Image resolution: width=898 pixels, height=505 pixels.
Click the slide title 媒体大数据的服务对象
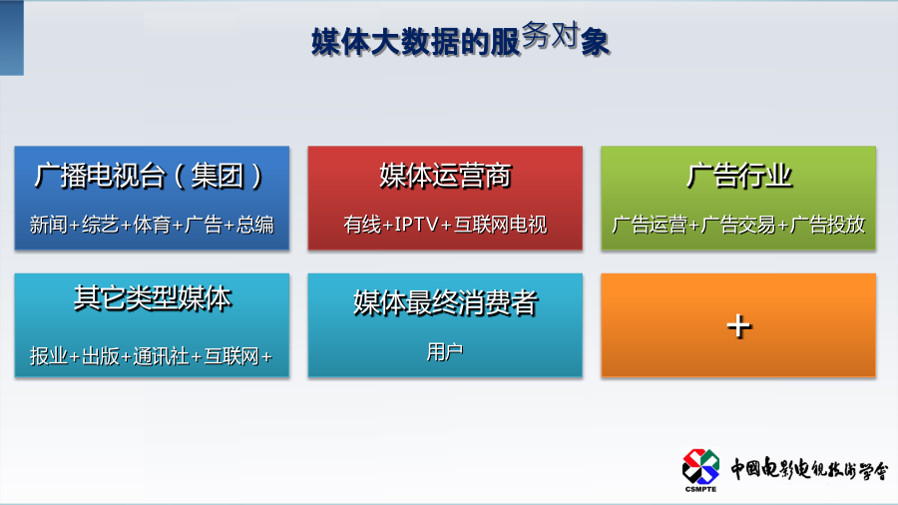click(460, 39)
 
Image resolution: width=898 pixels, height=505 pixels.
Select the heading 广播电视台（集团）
click(149, 176)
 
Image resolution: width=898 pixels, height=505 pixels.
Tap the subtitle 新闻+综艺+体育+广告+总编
click(152, 225)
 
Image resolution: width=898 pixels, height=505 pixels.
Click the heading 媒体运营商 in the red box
click(445, 176)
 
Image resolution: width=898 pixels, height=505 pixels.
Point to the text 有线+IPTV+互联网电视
click(445, 225)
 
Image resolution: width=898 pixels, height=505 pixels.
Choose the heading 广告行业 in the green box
click(738, 176)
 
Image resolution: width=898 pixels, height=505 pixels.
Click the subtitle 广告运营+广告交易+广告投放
click(738, 225)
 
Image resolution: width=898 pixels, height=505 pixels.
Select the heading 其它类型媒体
click(153, 298)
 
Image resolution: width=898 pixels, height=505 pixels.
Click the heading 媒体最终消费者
click(445, 302)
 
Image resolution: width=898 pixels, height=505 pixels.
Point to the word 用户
click(445, 351)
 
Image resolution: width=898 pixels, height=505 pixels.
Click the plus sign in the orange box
click(738, 326)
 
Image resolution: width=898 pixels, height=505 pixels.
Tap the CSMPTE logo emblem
click(700, 466)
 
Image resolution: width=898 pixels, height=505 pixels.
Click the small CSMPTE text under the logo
click(700, 489)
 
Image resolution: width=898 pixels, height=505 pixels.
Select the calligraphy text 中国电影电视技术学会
click(809, 469)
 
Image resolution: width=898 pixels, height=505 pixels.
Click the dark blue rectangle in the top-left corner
click(11, 38)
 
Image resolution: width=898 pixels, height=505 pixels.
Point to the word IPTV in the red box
click(416, 225)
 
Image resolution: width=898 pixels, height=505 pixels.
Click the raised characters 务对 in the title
click(550, 35)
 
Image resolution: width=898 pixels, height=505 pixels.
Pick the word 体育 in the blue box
click(152, 225)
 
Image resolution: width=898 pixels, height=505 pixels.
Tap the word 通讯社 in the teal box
click(161, 356)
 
